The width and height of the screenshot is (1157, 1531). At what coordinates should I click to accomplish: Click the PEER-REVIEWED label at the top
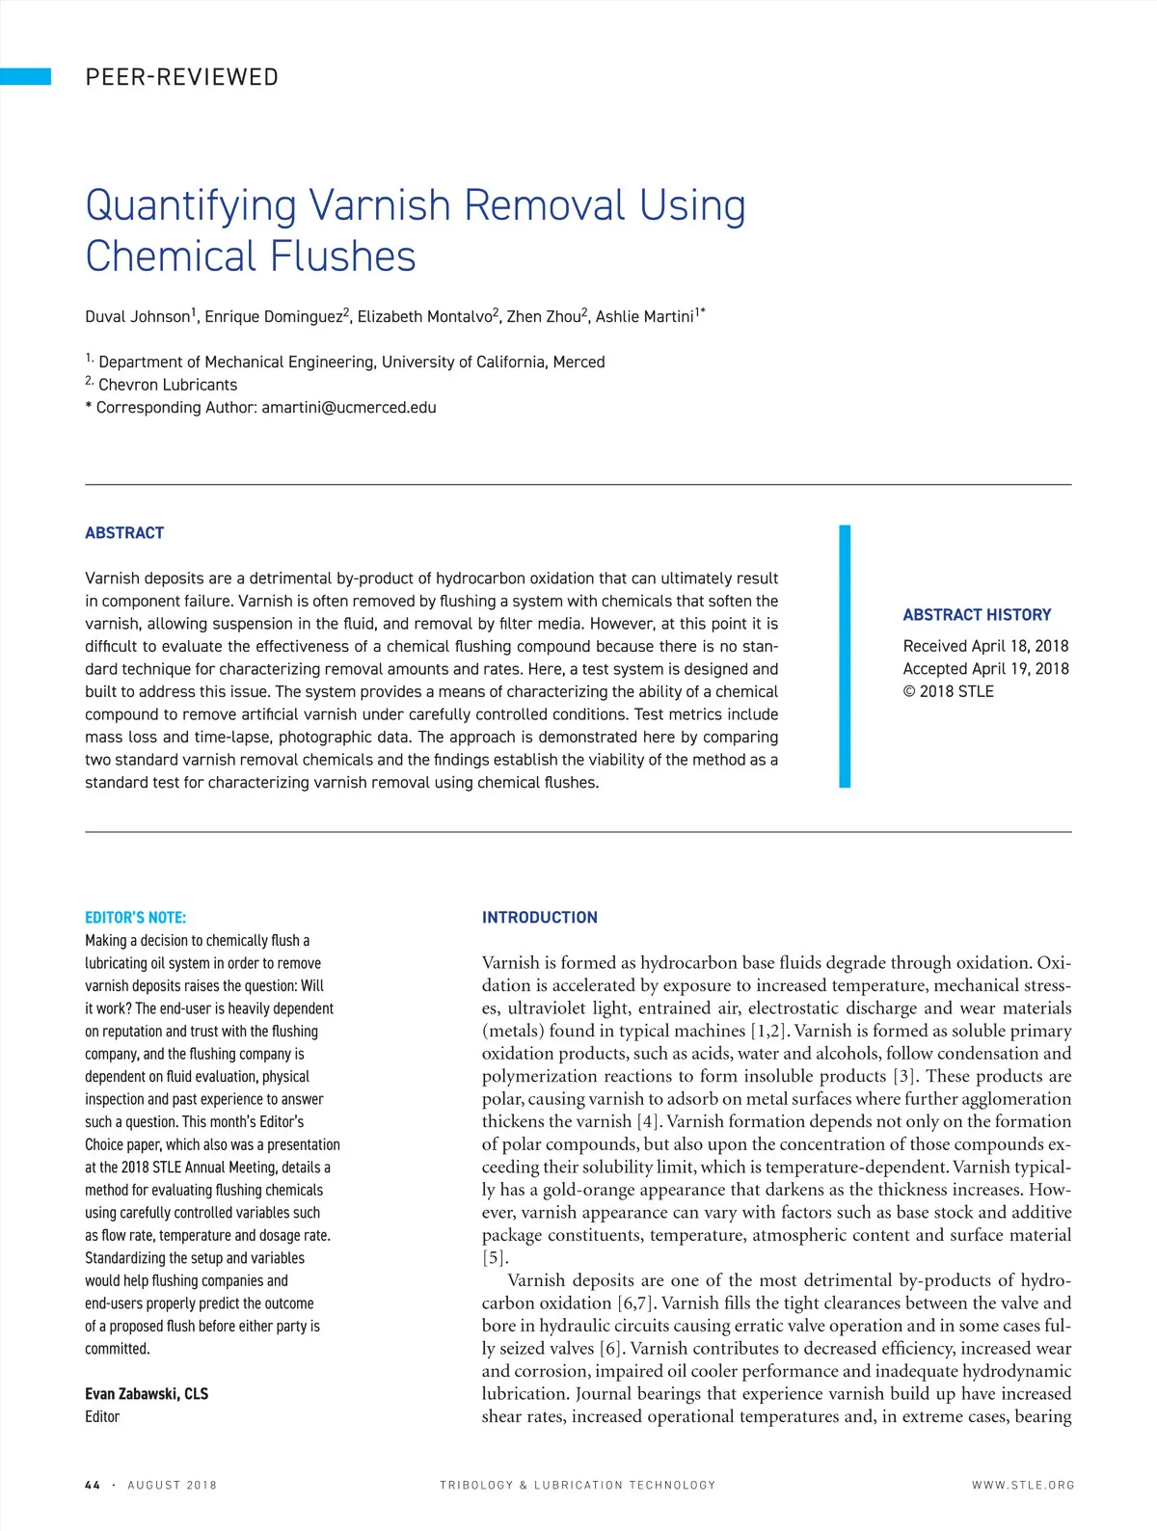[181, 77]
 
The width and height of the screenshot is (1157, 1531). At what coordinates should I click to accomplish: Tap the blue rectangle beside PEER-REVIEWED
[25, 77]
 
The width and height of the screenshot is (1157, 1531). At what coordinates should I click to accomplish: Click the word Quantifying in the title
[191, 206]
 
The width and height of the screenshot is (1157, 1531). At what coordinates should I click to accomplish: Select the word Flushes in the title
[343, 256]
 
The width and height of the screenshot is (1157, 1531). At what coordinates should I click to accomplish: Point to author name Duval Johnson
[138, 316]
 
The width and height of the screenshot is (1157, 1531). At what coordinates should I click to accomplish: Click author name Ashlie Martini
[645, 316]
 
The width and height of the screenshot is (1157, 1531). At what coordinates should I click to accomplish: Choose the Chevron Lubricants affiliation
[167, 385]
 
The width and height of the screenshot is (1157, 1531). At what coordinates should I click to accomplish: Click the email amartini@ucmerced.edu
[349, 408]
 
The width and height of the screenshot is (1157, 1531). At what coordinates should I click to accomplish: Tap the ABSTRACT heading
[124, 533]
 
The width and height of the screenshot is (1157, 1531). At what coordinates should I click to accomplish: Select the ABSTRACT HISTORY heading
[977, 615]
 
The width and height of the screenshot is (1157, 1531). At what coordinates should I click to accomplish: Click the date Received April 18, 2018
[985, 646]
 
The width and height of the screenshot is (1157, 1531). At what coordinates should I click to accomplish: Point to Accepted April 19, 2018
[985, 669]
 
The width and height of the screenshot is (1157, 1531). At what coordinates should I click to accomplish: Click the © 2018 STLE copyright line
[948, 691]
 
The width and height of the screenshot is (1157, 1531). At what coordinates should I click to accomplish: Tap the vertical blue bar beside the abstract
[845, 657]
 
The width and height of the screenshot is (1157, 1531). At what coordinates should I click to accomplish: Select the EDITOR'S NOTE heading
[135, 918]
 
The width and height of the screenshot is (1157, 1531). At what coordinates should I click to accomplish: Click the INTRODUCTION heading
[539, 918]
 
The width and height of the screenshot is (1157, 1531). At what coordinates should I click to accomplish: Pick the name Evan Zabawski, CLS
[147, 1394]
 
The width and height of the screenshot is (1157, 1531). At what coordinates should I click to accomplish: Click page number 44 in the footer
[93, 1486]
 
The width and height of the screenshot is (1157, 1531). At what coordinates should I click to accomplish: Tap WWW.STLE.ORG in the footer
[1022, 1486]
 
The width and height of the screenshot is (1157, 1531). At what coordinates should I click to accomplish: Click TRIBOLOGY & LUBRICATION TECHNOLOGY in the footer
[578, 1486]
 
